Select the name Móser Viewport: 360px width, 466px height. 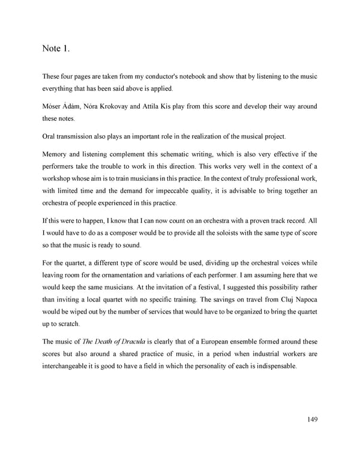coord(53,106)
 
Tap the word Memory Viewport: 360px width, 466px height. coord(56,154)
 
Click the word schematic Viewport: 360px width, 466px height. coord(182,154)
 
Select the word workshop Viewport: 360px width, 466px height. coord(61,178)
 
